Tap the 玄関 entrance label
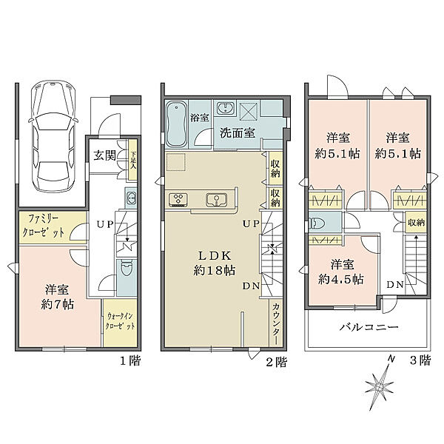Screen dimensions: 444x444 (x=104, y=155)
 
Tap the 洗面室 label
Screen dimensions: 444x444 (x=237, y=134)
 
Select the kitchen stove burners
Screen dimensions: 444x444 (x=181, y=198)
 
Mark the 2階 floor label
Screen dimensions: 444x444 (x=276, y=362)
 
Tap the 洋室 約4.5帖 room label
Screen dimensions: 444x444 (x=340, y=272)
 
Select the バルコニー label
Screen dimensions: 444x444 (x=369, y=326)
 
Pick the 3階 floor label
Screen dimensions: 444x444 (x=420, y=362)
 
